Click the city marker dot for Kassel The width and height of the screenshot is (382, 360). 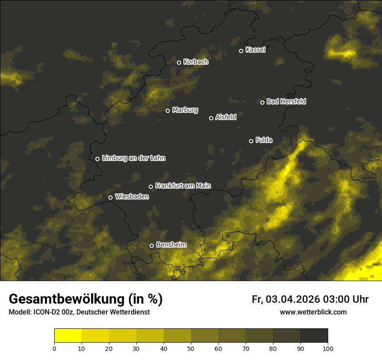(241, 51)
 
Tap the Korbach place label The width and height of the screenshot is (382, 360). (196, 62)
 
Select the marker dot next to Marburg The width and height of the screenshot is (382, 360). (168, 111)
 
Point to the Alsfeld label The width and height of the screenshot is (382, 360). (226, 117)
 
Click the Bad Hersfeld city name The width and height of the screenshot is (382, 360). (286, 101)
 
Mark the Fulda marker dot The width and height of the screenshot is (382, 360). (251, 141)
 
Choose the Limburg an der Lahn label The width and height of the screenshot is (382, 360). (133, 158)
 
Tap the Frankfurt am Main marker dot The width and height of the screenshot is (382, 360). (151, 187)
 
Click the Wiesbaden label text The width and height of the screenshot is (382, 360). (132, 197)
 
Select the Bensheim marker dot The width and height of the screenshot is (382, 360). (151, 245)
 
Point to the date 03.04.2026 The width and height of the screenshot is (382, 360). (293, 299)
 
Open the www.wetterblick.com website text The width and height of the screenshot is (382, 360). (313, 312)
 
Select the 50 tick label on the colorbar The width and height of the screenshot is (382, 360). (191, 348)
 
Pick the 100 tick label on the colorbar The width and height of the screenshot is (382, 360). (328, 348)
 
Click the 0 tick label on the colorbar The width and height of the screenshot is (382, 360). (54, 348)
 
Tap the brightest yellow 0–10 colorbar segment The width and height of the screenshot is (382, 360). (68, 336)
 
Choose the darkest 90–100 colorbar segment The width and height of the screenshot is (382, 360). (314, 336)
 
